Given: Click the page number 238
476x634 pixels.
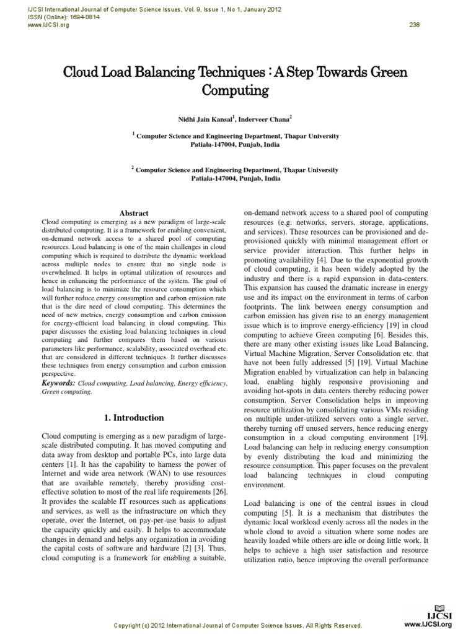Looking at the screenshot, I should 415,25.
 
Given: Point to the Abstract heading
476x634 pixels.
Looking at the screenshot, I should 133,212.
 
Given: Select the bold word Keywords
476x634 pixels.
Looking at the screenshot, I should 58,384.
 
